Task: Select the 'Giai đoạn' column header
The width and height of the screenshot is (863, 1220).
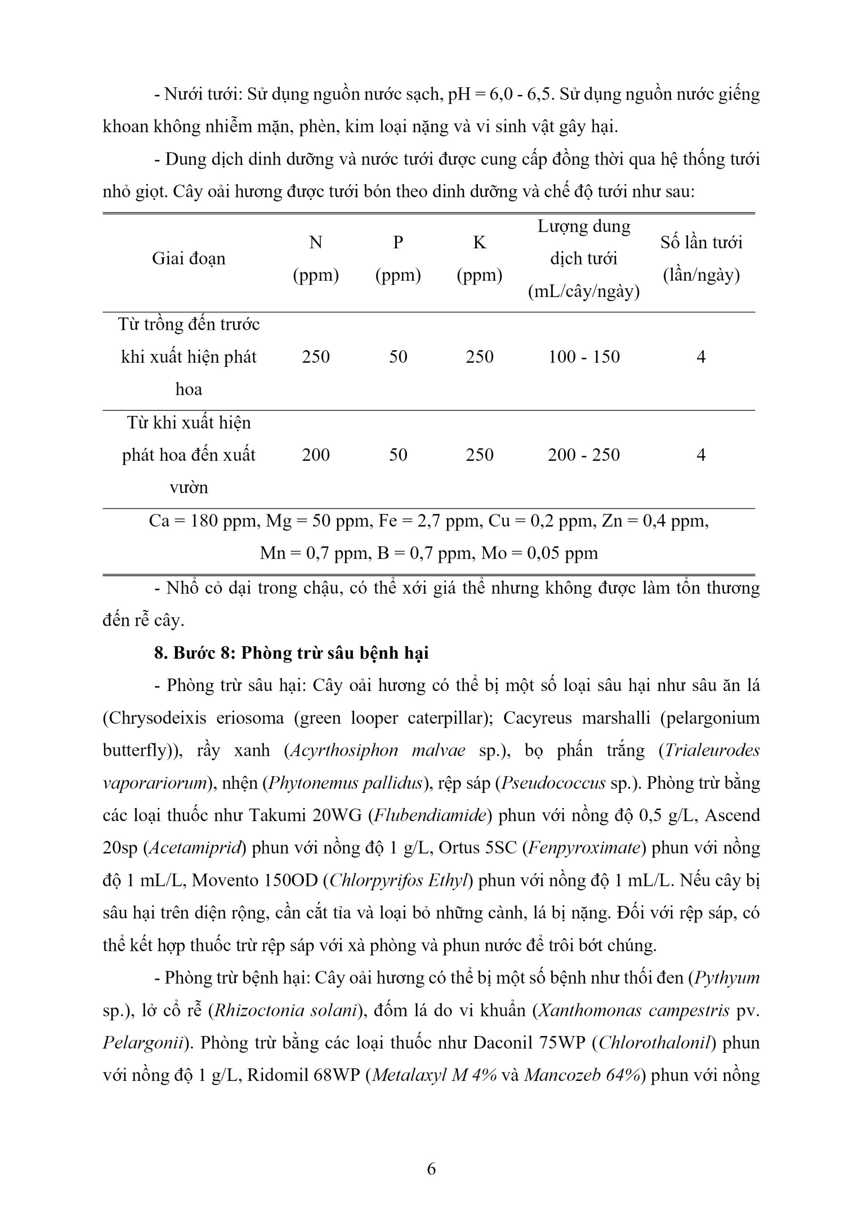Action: pos(189,259)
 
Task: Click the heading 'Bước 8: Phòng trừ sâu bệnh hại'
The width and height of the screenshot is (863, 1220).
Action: pos(291,653)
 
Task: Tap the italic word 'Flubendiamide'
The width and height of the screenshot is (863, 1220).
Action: pos(430,815)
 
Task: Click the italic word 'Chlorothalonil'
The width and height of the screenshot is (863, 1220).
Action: pos(654,1043)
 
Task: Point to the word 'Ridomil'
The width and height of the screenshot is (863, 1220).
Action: pos(277,1076)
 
